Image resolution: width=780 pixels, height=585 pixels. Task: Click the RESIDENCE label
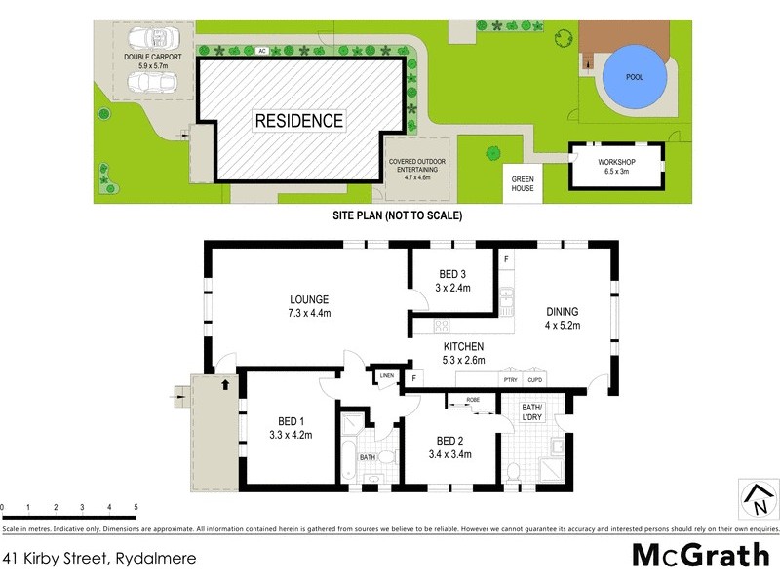click(x=298, y=121)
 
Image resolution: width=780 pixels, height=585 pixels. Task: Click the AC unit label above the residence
click(x=261, y=50)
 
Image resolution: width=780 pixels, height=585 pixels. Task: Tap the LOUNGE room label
click(x=309, y=299)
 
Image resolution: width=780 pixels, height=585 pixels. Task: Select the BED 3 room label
click(x=452, y=274)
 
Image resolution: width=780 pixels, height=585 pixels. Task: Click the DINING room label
click(x=562, y=312)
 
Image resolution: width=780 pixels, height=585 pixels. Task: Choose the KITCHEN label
click(x=464, y=346)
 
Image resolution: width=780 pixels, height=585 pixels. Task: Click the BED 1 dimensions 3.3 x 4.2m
click(x=290, y=435)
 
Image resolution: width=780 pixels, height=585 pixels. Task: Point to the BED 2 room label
click(x=453, y=439)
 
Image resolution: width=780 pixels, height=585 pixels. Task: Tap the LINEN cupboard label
click(x=386, y=375)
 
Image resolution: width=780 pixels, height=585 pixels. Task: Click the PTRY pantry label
click(x=510, y=380)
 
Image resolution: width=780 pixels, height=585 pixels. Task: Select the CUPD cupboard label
click(x=534, y=380)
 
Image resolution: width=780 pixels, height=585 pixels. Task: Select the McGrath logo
click(x=700, y=555)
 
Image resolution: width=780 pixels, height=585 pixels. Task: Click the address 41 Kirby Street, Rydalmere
click(x=99, y=559)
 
